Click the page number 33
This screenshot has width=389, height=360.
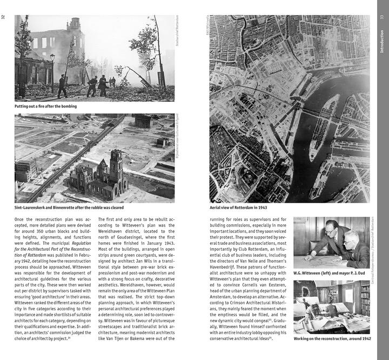tap(382, 17)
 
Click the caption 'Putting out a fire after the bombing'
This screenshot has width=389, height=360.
tap(45, 106)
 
